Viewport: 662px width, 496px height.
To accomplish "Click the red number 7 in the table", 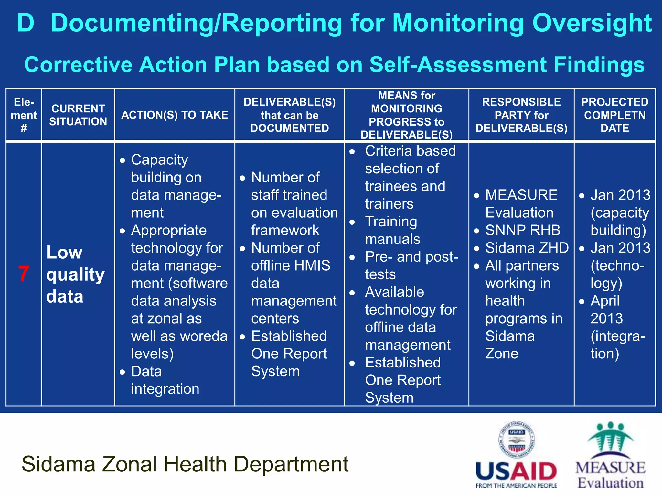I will [24, 274].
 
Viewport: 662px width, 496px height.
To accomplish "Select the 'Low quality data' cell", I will [75, 274].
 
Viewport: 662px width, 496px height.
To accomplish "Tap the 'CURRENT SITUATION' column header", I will [78, 115].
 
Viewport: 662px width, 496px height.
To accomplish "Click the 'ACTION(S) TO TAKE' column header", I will [175, 115].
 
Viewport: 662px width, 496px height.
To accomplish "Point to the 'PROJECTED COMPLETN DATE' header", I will [614, 115].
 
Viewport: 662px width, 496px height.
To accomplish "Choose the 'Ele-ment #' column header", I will [24, 115].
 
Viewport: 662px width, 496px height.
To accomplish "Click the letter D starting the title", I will [26, 23].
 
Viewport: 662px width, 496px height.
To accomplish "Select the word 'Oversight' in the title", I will [592, 23].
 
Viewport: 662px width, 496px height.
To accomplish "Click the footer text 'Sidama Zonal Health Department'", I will [185, 464].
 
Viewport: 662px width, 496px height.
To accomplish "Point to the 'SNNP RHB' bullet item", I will [522, 230].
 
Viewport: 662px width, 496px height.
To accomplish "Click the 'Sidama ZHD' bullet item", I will [527, 248].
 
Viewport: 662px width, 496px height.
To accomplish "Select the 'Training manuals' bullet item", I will [392, 230].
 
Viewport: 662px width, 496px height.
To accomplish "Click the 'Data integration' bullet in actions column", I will [165, 380].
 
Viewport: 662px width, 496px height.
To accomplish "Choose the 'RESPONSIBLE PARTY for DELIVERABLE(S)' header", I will [521, 115].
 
